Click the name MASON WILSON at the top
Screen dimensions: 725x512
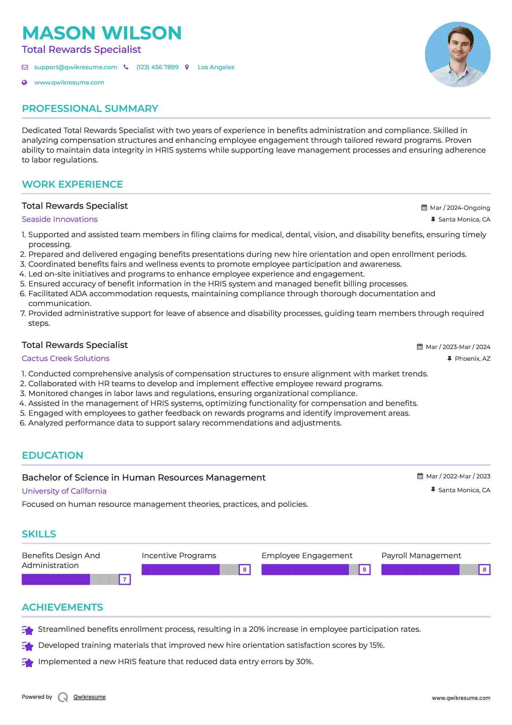[102, 33]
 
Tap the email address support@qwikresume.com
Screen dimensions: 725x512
[75, 67]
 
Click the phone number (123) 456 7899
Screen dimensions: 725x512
[157, 67]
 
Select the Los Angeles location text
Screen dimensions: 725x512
[216, 67]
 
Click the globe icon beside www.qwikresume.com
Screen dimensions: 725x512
[24, 83]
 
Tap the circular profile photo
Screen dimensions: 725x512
[457, 55]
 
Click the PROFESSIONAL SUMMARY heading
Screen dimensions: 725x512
[90, 109]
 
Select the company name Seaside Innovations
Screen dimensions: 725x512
[60, 219]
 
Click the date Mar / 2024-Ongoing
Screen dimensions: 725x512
[460, 208]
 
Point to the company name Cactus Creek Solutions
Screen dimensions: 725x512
[66, 358]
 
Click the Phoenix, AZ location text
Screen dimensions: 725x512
[472, 359]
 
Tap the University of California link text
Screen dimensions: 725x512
[64, 491]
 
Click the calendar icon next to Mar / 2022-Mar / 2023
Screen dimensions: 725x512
[420, 476]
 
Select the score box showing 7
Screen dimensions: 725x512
[125, 579]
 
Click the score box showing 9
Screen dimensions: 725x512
[364, 569]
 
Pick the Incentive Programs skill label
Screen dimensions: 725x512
[179, 556]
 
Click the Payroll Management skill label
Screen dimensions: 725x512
[421, 556]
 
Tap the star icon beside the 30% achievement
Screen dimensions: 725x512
[28, 662]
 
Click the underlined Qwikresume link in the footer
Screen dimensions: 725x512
[90, 697]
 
